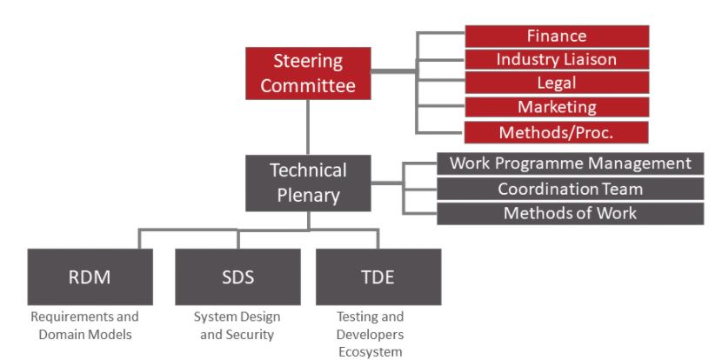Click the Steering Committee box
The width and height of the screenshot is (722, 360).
(x=308, y=75)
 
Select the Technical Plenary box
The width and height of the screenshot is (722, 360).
(x=308, y=183)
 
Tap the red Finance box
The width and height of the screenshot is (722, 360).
(x=557, y=36)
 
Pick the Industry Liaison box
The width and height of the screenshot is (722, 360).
(x=557, y=59)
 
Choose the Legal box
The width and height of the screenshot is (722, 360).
(x=557, y=83)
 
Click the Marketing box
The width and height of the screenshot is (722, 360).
(x=557, y=108)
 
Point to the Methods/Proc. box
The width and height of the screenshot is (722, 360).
(x=557, y=132)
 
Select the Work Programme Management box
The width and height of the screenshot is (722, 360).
(x=571, y=163)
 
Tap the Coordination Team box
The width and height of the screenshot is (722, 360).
(x=571, y=189)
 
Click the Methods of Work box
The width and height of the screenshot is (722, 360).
(x=571, y=214)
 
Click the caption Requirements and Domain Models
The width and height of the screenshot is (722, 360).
(x=84, y=325)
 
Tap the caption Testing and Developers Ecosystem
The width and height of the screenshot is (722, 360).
(x=371, y=334)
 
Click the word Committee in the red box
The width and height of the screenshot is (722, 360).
(x=308, y=86)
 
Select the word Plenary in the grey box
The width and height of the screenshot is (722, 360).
(x=308, y=195)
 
